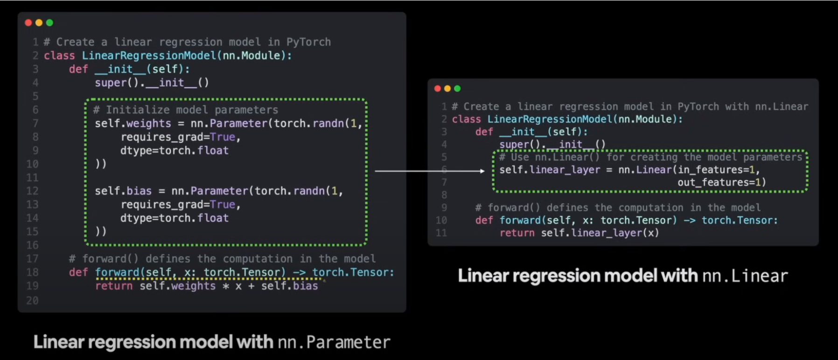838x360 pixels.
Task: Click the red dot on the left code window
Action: tap(28, 22)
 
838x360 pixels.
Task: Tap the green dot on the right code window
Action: tap(457, 89)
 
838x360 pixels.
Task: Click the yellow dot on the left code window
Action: tap(39, 22)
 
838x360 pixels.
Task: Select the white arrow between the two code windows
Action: tap(430, 171)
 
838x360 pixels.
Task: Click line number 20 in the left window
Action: tap(32, 300)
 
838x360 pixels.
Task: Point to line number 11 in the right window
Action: tap(441, 233)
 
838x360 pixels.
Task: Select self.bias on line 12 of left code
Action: tap(123, 191)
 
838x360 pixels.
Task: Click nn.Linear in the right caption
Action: tap(745, 276)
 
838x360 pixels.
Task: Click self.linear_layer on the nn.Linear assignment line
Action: tap(550, 170)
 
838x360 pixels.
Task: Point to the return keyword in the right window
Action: tap(517, 233)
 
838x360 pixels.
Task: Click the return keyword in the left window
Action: tap(114, 286)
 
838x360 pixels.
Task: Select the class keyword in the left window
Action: tap(59, 55)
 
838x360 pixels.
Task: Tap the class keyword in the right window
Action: tap(466, 119)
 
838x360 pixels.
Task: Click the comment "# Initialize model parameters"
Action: tap(186, 110)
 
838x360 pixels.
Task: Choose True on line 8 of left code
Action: tap(223, 137)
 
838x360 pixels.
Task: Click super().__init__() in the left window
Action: tap(152, 83)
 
